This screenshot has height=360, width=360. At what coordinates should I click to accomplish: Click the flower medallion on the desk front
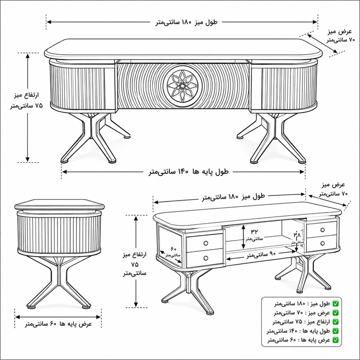pyautogui.click(x=182, y=85)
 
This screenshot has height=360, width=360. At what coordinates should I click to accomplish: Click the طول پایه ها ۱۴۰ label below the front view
pyautogui.click(x=189, y=172)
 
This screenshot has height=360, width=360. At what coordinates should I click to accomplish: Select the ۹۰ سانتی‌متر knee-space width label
pyautogui.click(x=261, y=254)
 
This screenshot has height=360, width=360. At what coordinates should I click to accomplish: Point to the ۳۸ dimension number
pyautogui.click(x=297, y=235)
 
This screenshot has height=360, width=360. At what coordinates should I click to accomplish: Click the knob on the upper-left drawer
pyautogui.click(x=206, y=243)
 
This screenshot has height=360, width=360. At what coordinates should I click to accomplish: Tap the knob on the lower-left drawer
pyautogui.click(x=206, y=258)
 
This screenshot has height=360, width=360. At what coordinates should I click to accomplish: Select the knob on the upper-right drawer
pyautogui.click(x=323, y=230)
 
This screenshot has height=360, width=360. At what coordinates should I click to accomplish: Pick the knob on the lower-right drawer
pyautogui.click(x=323, y=243)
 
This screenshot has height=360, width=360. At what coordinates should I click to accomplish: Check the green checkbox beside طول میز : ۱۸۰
pyautogui.click(x=336, y=304)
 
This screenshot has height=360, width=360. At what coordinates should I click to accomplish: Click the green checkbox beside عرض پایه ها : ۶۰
pyautogui.click(x=336, y=340)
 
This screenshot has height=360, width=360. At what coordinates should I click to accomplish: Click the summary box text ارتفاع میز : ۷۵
pyautogui.click(x=301, y=322)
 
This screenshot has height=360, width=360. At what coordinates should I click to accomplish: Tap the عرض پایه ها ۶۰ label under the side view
pyautogui.click(x=58, y=324)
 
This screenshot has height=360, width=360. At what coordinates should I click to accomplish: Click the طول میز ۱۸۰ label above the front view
pyautogui.click(x=186, y=22)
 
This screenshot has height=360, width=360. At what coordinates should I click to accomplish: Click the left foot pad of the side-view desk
pyautogui.click(x=32, y=307)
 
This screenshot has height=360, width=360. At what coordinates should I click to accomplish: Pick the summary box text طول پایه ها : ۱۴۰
pyautogui.click(x=299, y=331)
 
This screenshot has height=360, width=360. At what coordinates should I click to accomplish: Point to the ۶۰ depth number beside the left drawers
pyautogui.click(x=173, y=249)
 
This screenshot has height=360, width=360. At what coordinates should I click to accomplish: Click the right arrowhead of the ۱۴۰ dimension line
pyautogui.click(x=302, y=172)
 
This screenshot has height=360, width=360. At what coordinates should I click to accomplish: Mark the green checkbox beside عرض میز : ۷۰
pyautogui.click(x=336, y=312)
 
